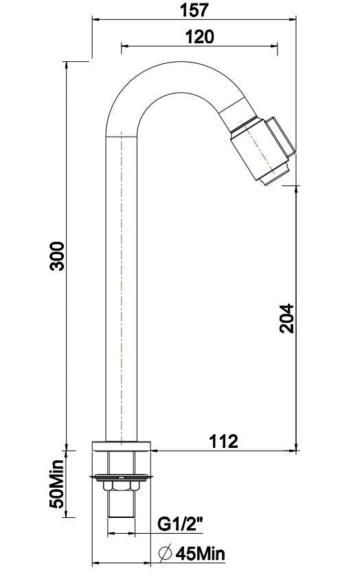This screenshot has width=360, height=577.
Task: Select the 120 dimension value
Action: [x=199, y=36]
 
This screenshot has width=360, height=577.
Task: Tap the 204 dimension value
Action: [x=286, y=317]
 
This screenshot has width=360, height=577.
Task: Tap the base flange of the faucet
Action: [x=122, y=444]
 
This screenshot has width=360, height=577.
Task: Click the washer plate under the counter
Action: [x=122, y=475]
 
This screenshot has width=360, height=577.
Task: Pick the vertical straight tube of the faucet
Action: [x=122, y=288]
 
